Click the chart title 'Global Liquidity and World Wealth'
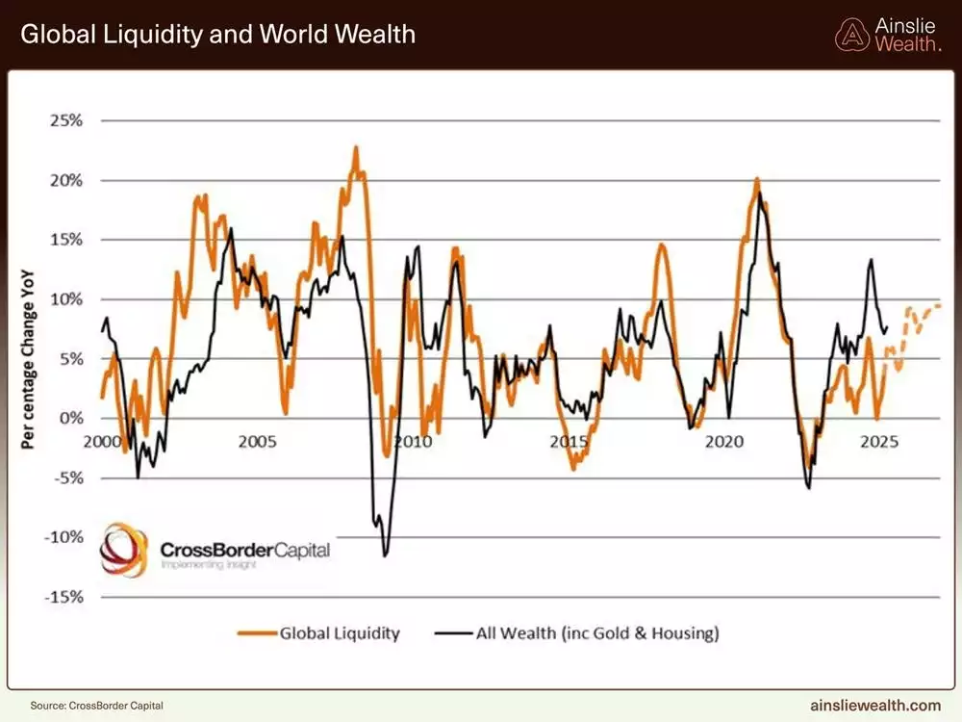(218, 35)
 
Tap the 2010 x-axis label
(413, 441)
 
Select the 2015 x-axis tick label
(570, 441)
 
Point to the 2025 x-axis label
(880, 441)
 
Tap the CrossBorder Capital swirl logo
(124, 549)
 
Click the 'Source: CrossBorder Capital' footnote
(90, 706)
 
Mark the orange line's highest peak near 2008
(356, 147)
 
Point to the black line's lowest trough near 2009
(385, 555)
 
